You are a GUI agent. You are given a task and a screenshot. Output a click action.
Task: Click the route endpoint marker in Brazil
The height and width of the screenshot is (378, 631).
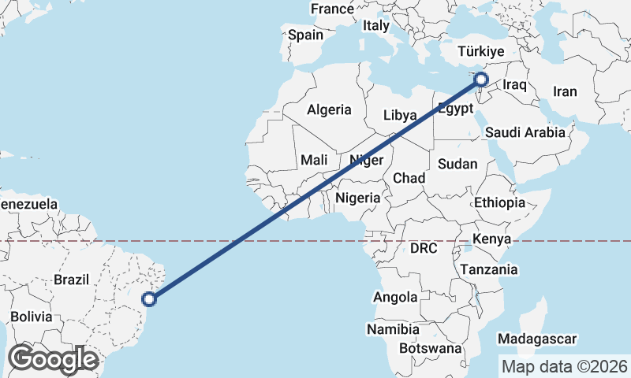(x=149, y=298)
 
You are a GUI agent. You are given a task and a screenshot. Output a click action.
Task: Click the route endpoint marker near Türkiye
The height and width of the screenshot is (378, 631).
(x=480, y=79)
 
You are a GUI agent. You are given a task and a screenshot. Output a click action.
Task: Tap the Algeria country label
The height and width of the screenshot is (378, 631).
(x=329, y=109)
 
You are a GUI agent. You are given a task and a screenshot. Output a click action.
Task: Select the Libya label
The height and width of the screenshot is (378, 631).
(x=400, y=115)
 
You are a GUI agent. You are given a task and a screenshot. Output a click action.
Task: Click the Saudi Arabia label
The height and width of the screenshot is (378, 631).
(x=525, y=132)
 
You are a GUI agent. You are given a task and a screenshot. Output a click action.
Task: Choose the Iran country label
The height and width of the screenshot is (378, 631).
(x=565, y=91)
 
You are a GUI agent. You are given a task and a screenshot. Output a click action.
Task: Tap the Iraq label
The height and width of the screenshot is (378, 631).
(x=514, y=83)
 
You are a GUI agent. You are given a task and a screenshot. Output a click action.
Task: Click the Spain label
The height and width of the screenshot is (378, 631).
(x=305, y=35)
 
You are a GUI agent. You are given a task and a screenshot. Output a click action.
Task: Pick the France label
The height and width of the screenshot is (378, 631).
(x=332, y=9)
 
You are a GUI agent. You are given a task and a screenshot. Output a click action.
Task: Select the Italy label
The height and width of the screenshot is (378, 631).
(x=376, y=25)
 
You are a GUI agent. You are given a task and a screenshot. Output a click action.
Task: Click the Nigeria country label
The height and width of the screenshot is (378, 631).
(x=358, y=198)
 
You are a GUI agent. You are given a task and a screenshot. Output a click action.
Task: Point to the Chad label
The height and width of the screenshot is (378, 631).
(x=409, y=178)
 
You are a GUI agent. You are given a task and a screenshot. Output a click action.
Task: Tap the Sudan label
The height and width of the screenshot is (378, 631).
(x=458, y=164)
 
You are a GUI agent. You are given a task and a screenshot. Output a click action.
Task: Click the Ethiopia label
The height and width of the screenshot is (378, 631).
(x=499, y=202)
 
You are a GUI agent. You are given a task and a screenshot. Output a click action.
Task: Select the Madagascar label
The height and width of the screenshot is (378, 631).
(x=538, y=339)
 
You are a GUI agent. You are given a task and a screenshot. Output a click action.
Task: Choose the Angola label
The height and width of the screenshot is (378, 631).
(x=396, y=297)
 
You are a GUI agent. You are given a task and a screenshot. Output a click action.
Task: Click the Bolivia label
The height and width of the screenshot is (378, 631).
(x=32, y=317)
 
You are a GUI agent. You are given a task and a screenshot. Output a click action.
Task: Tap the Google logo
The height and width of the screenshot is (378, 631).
(x=53, y=358)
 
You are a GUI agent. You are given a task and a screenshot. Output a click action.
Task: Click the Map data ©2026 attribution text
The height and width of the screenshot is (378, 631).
(x=564, y=366)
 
